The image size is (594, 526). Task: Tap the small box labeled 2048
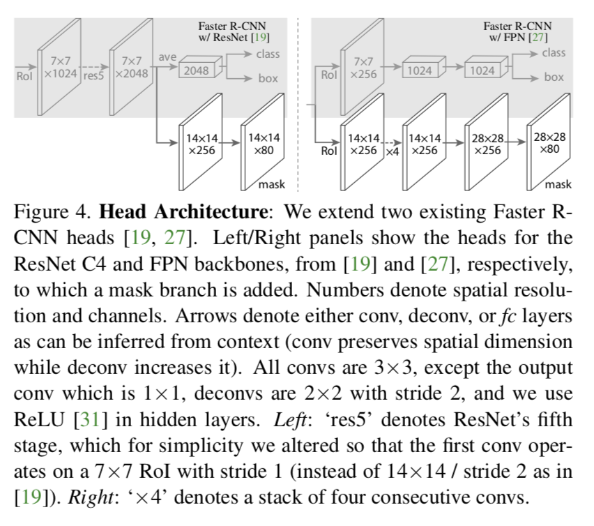196,71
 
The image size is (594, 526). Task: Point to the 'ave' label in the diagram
167,57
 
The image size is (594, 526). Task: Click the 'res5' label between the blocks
93,75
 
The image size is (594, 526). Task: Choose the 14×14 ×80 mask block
264,144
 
